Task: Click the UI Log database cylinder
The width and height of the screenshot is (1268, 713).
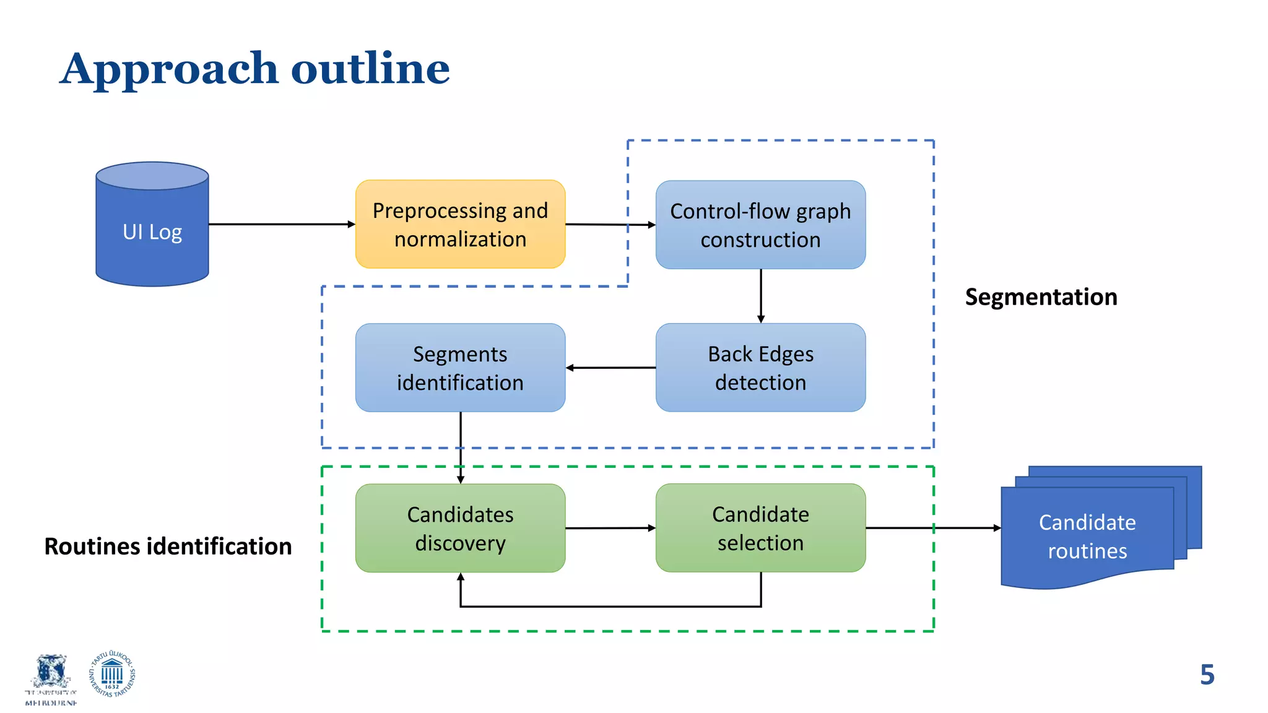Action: pos(152,226)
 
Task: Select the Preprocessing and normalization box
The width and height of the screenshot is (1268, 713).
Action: pos(460,224)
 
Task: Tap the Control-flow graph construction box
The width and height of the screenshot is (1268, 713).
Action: pos(760,225)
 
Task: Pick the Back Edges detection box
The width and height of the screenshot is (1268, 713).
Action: pos(760,367)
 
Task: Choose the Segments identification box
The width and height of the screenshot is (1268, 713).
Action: pos(460,367)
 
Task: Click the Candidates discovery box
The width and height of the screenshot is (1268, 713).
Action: pos(460,528)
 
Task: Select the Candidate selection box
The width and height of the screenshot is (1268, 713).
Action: pos(760,528)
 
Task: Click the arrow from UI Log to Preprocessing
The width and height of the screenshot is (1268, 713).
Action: pos(282,224)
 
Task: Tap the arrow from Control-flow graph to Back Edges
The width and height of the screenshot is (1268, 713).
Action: pos(761,296)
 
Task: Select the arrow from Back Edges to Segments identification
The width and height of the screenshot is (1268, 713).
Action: pos(610,368)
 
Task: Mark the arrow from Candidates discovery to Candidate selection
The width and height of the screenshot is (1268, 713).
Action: pos(610,528)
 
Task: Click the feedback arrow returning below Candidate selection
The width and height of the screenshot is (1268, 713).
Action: pos(610,607)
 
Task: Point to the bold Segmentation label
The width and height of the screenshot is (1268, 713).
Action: pos(1041,297)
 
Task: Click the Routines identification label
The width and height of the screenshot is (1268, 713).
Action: pos(168,547)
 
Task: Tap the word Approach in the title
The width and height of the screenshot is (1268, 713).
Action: pos(169,69)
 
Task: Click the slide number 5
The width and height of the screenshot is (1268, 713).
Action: pos(1207,675)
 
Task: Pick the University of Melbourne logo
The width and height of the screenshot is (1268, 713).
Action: pos(51,680)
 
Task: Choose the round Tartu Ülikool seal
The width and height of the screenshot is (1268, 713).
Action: pos(112,675)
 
